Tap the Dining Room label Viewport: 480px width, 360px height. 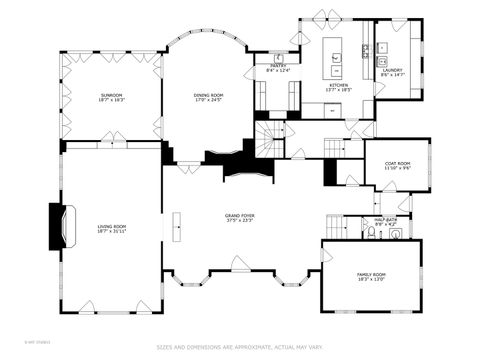[208, 96]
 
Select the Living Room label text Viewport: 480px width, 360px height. [111, 229]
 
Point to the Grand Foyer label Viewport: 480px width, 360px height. [239, 219]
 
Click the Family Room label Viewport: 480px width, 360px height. [371, 276]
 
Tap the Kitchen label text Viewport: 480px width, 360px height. [339, 86]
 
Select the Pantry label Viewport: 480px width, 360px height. [278, 67]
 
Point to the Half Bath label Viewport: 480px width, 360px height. [384, 221]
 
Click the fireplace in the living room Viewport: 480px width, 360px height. [60, 225]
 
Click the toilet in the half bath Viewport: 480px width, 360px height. [371, 233]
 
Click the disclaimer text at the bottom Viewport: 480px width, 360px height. [240, 348]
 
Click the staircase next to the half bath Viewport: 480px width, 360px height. [337, 225]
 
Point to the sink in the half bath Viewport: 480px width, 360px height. [395, 234]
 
